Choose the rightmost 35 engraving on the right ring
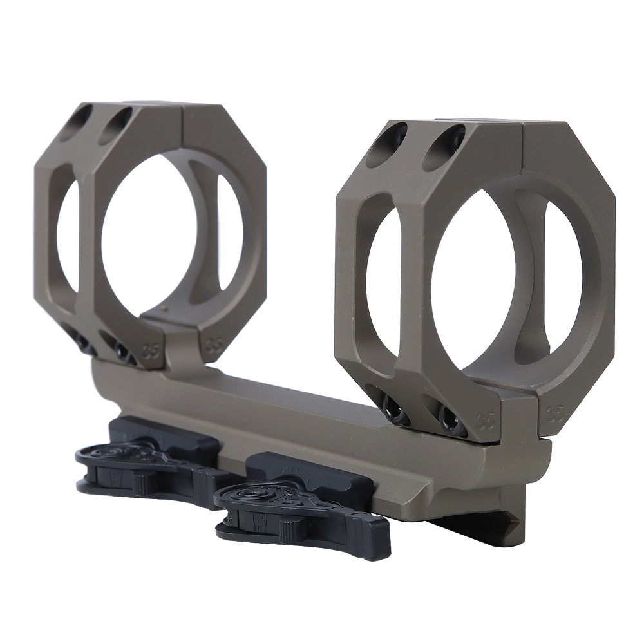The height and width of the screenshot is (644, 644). click(553, 413)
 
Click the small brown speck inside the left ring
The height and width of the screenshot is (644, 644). click(168, 309)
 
